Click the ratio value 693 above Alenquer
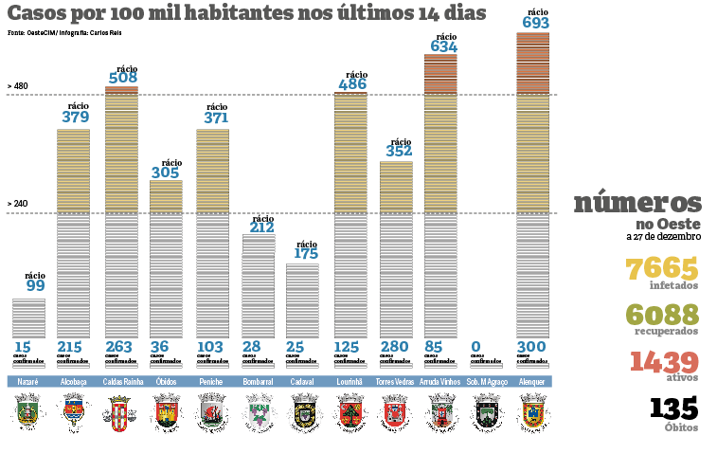[535, 22]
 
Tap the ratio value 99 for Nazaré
[35, 285]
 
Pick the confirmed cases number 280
[396, 347]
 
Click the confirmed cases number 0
[475, 347]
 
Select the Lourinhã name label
[350, 382]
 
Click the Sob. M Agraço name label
[487, 382]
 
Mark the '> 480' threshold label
[18, 86]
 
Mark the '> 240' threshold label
[18, 204]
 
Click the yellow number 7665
[663, 268]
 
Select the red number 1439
[663, 361]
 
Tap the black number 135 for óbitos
[674, 409]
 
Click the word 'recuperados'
[668, 331]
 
